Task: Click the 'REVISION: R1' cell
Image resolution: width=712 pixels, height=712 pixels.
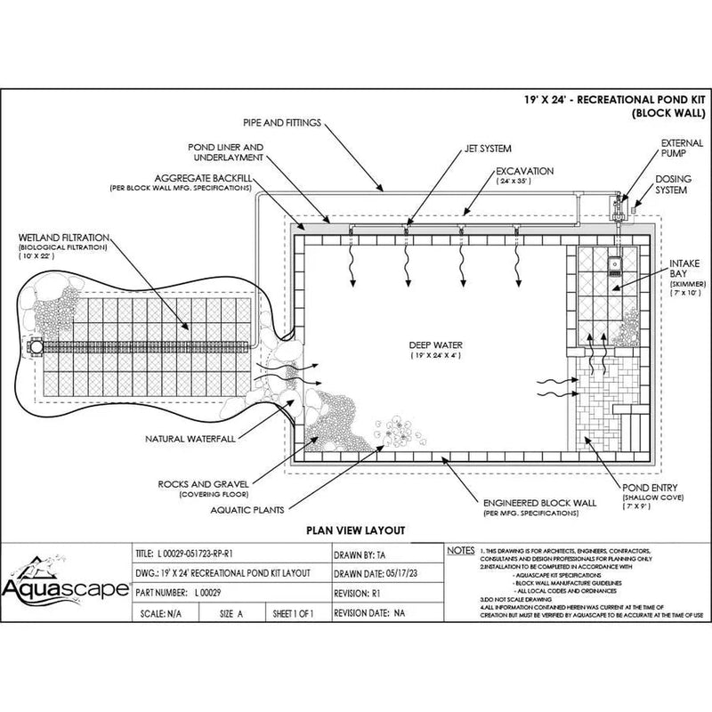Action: [365, 593]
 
